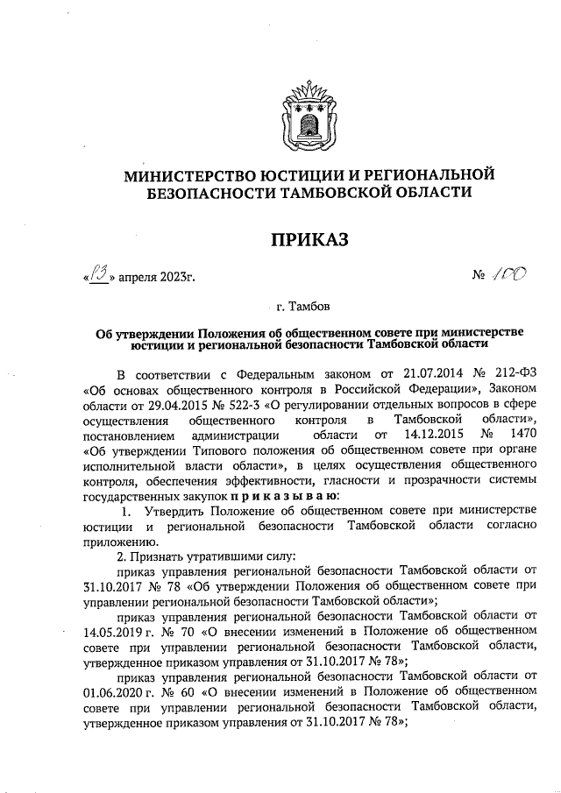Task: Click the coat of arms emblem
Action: [x=302, y=112]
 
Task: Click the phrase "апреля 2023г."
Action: [x=156, y=278]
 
